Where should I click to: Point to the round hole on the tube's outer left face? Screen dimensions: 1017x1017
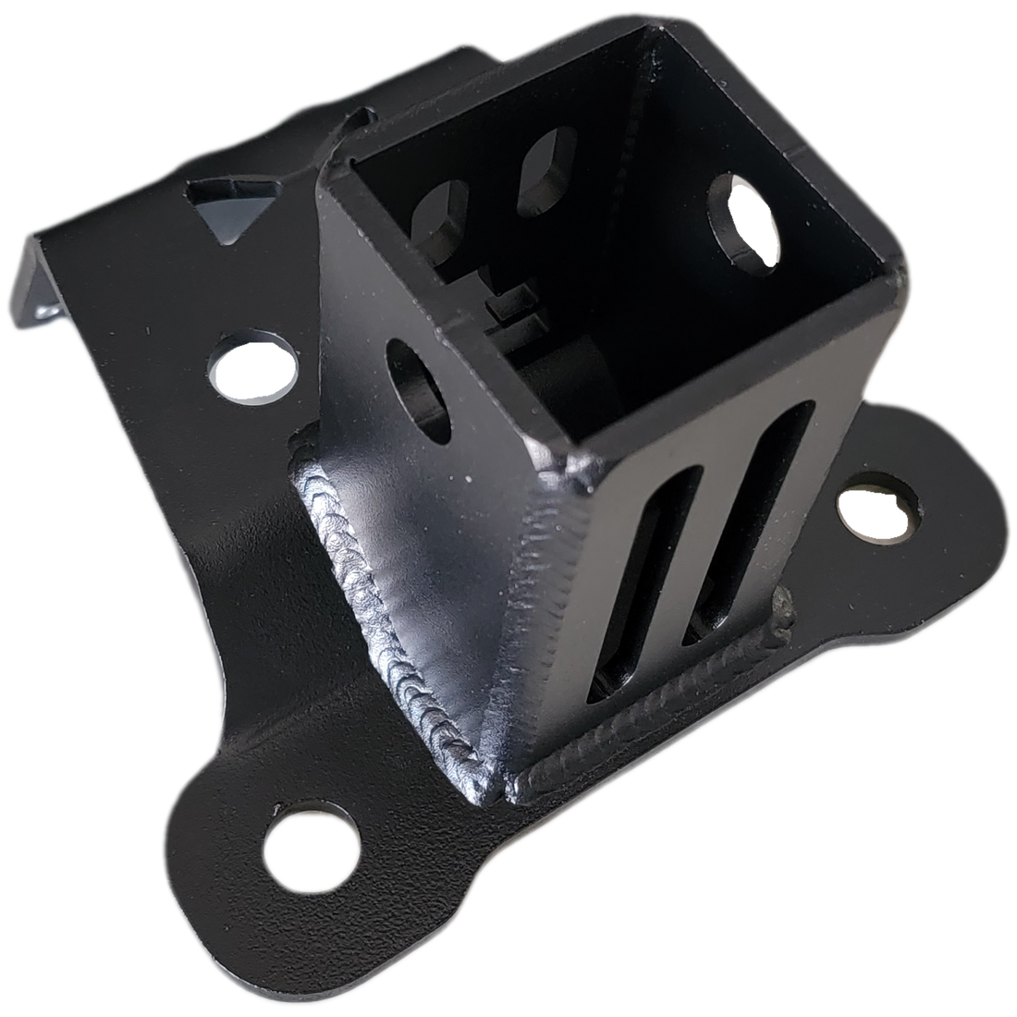(x=416, y=384)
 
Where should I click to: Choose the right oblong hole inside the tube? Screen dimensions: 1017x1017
(x=547, y=166)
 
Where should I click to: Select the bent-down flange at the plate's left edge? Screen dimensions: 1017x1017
(x=37, y=277)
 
